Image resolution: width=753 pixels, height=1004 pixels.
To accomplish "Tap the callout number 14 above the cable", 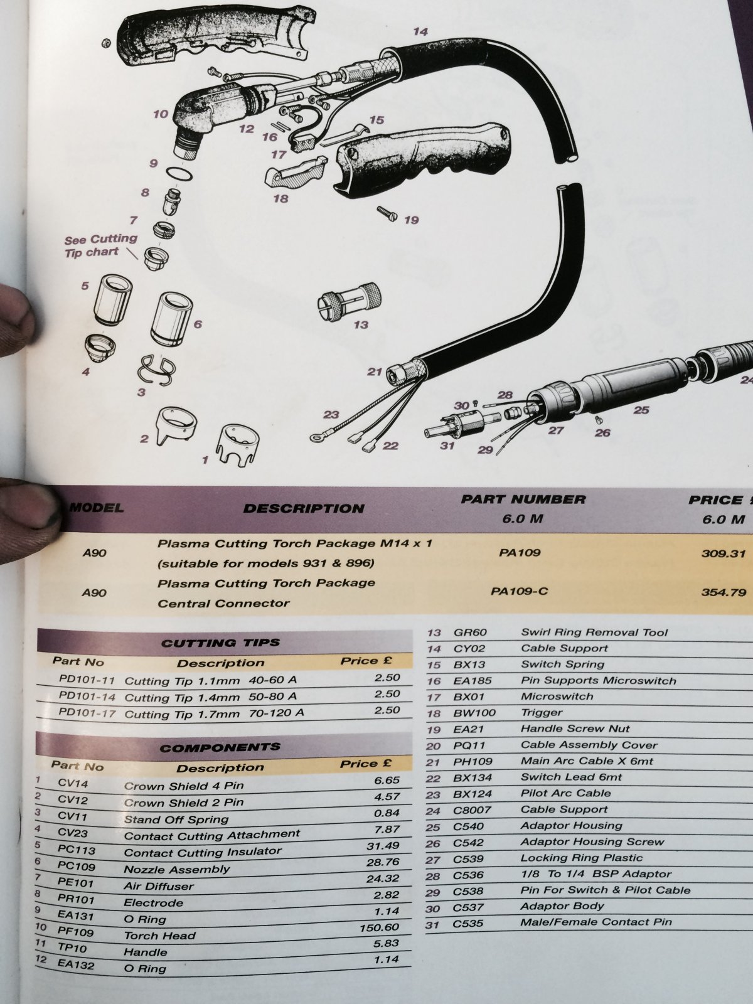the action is tap(420, 31).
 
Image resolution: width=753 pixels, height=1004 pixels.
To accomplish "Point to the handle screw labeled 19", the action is tap(387, 213).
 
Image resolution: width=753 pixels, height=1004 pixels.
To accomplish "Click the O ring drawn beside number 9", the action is tap(179, 174).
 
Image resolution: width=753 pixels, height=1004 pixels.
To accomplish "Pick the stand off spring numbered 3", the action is tap(156, 370).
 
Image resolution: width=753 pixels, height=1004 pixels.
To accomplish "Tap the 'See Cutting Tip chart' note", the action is tap(100, 245).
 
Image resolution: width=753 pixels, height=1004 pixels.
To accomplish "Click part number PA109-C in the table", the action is tap(519, 592).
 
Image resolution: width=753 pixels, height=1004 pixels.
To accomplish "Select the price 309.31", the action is tap(724, 553).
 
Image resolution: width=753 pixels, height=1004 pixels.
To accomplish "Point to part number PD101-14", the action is tap(87, 697).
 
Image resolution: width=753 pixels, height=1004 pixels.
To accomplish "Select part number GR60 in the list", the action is tap(470, 633).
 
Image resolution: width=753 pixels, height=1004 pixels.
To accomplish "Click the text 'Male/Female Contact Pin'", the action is tap(596, 922).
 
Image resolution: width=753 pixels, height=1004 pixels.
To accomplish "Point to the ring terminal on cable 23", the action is tap(316, 438).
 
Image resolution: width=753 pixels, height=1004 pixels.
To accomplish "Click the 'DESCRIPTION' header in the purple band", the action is tap(304, 508).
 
